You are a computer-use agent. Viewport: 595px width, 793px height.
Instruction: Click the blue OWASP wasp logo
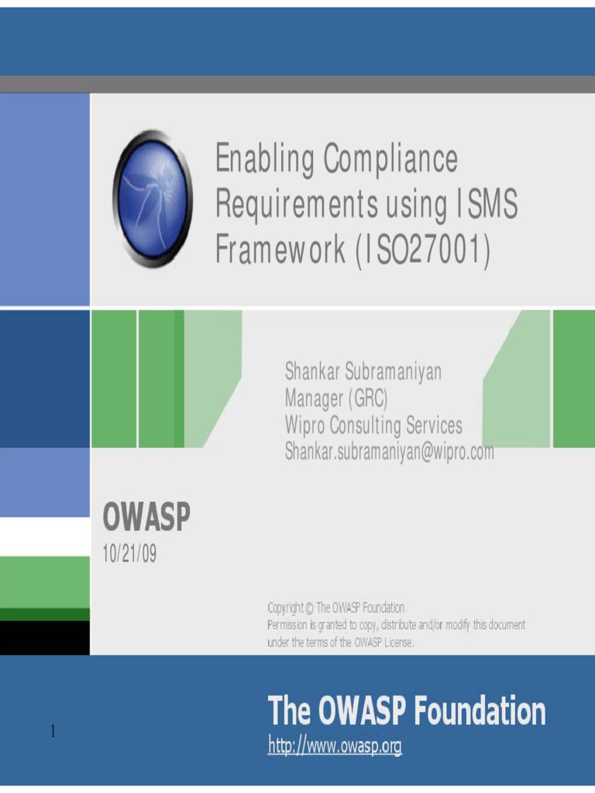pyautogui.click(x=153, y=199)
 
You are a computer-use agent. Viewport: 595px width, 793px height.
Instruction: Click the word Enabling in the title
pyautogui.click(x=262, y=160)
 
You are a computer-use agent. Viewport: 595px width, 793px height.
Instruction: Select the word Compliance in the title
pyautogui.click(x=390, y=160)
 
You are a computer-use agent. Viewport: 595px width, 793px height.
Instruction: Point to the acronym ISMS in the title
pyautogui.click(x=487, y=206)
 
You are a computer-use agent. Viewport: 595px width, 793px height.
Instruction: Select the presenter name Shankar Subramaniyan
pyautogui.click(x=363, y=372)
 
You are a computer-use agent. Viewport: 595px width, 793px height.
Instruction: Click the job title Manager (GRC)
pyautogui.click(x=335, y=399)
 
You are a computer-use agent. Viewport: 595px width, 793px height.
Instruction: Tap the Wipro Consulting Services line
pyautogui.click(x=373, y=425)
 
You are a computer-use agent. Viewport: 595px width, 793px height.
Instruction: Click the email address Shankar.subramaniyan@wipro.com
pyautogui.click(x=389, y=451)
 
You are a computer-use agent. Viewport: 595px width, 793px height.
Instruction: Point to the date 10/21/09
pyautogui.click(x=129, y=554)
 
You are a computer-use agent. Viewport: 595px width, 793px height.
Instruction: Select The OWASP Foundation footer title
pyautogui.click(x=406, y=711)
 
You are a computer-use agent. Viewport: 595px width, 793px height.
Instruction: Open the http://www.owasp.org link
pyautogui.click(x=335, y=747)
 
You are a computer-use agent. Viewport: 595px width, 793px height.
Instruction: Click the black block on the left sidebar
pyautogui.click(x=44, y=637)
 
